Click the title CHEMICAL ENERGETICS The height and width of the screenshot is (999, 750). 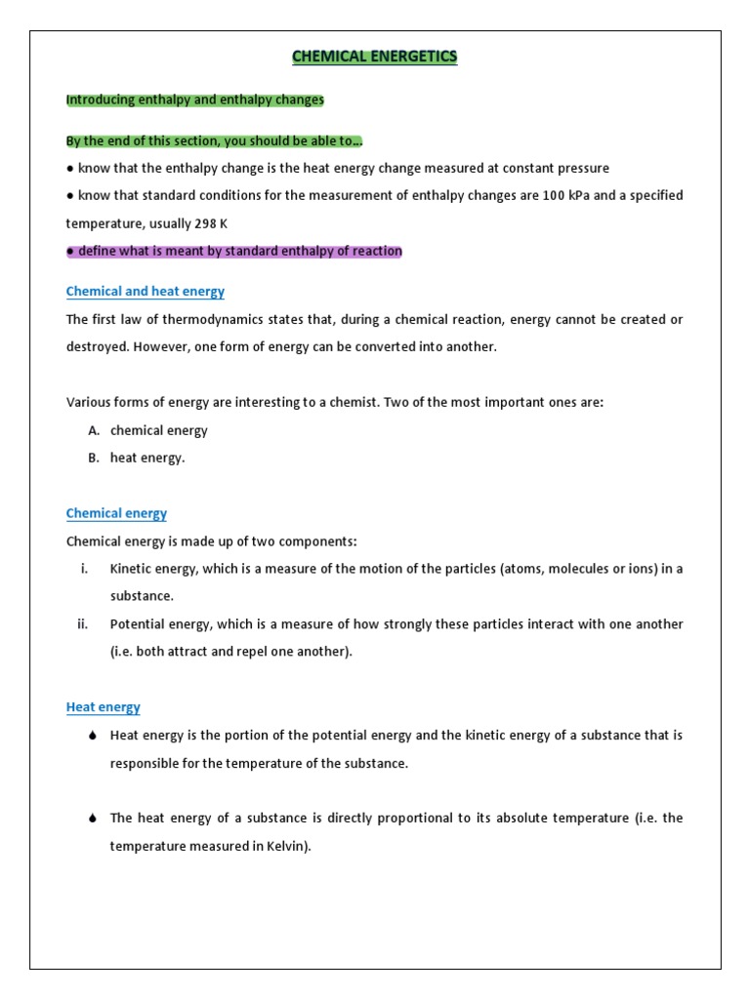pos(375,58)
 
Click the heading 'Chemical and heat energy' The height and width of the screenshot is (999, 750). pos(145,292)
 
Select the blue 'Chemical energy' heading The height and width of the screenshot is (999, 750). pos(116,513)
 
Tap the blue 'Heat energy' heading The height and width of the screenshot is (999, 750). pos(103,707)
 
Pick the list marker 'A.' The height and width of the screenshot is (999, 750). pos(93,430)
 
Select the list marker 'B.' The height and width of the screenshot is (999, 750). pos(93,459)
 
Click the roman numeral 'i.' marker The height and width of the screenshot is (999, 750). pos(85,569)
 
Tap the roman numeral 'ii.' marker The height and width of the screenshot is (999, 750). pos(83,624)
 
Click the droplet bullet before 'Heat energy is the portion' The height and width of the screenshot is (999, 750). pos(92,737)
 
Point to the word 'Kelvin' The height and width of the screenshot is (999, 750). pos(286,847)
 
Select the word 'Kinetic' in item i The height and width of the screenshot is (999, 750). pos(131,569)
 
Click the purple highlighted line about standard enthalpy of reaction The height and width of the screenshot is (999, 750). pos(233,252)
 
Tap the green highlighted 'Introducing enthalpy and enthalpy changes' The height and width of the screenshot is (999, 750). pos(194,100)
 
